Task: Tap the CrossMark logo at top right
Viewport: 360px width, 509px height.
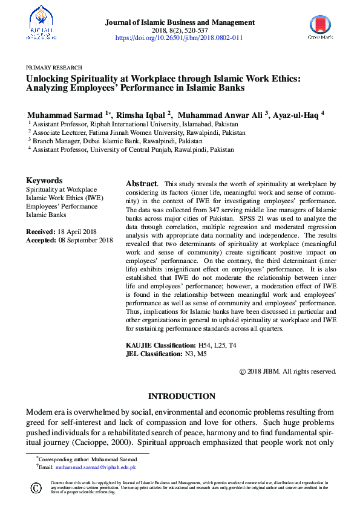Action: coord(320,27)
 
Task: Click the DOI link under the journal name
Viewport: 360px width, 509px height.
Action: coord(179,37)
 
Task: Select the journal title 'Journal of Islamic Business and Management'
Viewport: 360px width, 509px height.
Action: coord(180,22)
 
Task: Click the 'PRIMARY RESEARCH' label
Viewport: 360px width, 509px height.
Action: coord(54,68)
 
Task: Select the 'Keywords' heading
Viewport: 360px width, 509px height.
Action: coord(44,180)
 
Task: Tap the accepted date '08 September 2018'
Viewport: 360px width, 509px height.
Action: coord(82,241)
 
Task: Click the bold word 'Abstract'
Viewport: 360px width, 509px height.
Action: coord(142,183)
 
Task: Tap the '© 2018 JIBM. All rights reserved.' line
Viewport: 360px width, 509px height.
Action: coord(287,371)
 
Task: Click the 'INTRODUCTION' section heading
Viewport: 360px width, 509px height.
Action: coord(182,397)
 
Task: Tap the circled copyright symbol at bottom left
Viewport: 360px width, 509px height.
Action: coord(36,488)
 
